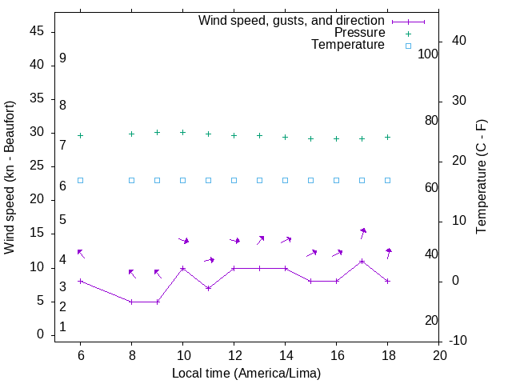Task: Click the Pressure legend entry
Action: pyautogui.click(x=359, y=33)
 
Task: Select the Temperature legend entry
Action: pyautogui.click(x=348, y=46)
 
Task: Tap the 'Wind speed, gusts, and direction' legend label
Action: pyautogui.click(x=292, y=20)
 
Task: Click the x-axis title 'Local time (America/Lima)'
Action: pyautogui.click(x=246, y=373)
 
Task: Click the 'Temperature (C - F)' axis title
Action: pyautogui.click(x=481, y=178)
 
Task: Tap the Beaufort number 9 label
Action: pyautogui.click(x=62, y=58)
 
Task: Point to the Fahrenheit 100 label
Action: pyautogui.click(x=428, y=54)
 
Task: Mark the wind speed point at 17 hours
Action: pyautogui.click(x=362, y=262)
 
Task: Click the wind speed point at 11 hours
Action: pyautogui.click(x=208, y=288)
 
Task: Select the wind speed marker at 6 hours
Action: pyautogui.click(x=80, y=281)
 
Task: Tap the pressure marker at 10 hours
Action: pyautogui.click(x=182, y=132)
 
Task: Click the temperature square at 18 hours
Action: pyautogui.click(x=387, y=180)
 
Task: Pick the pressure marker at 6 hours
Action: pyautogui.click(x=80, y=135)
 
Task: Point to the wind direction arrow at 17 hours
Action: pyautogui.click(x=363, y=233)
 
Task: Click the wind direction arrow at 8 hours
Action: pyautogui.click(x=132, y=274)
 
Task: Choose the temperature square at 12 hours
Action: pyautogui.click(x=234, y=180)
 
